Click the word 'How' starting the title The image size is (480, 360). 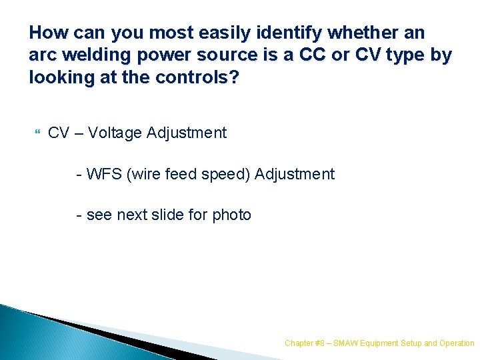pos(45,32)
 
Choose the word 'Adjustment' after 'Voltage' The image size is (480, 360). pos(187,133)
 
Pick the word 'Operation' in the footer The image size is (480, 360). pos(457,343)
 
